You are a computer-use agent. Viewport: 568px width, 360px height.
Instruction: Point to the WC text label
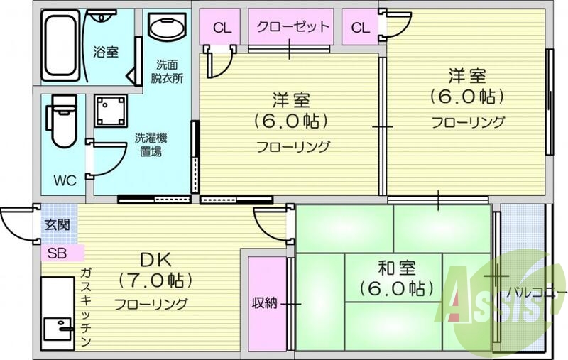(65, 180)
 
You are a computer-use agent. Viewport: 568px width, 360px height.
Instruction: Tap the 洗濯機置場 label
(151, 144)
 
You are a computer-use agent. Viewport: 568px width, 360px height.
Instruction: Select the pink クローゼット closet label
(293, 27)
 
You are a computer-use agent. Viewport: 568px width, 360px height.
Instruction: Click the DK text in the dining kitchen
(151, 257)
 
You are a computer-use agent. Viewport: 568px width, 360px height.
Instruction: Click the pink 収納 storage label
(265, 303)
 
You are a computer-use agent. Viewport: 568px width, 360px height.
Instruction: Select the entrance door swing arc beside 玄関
(16, 226)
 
